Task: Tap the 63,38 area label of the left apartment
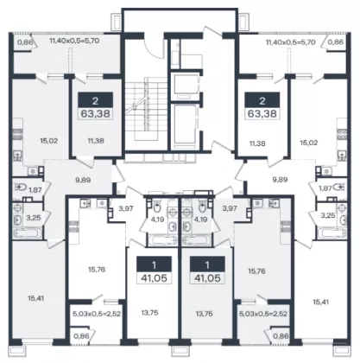pyautogui.click(x=96, y=113)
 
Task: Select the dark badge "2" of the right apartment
pyautogui.click(x=262, y=100)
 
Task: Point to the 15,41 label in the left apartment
pyautogui.click(x=36, y=298)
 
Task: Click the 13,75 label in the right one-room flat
pyautogui.click(x=205, y=314)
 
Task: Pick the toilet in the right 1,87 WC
pyautogui.click(x=339, y=188)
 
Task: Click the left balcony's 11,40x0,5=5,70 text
pyautogui.click(x=74, y=41)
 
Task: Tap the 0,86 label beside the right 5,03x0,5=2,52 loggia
pyautogui.click(x=281, y=336)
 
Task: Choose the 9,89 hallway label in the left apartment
pyautogui.click(x=83, y=181)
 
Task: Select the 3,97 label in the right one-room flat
pyautogui.click(x=230, y=208)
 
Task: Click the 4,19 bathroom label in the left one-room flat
pyautogui.click(x=157, y=220)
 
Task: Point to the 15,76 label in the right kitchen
pyautogui.click(x=256, y=271)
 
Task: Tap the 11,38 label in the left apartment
pyautogui.click(x=96, y=141)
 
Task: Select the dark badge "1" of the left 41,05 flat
pyautogui.click(x=154, y=264)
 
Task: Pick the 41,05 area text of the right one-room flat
pyautogui.click(x=207, y=278)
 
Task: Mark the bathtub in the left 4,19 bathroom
pyautogui.click(x=161, y=240)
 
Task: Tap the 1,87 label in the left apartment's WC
pyautogui.click(x=35, y=190)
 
